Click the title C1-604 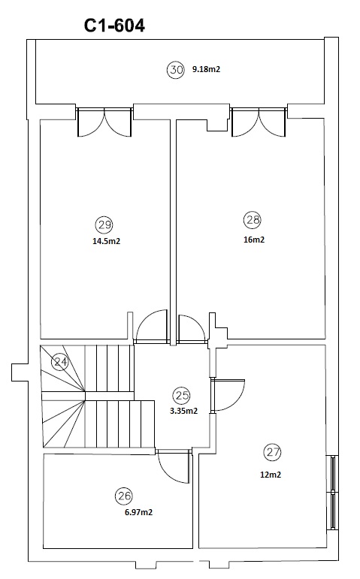(x=114, y=26)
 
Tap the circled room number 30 (x=175, y=69)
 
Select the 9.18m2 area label (x=206, y=69)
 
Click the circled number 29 (x=104, y=225)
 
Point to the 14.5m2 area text (x=107, y=241)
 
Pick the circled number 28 (x=253, y=220)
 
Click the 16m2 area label (x=254, y=240)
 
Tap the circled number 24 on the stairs (x=60, y=362)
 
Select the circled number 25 (x=181, y=396)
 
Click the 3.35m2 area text (x=183, y=411)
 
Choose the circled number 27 (x=273, y=452)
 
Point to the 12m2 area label (x=271, y=475)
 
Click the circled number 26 (x=124, y=496)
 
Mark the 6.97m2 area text (x=138, y=512)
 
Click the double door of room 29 (x=104, y=122)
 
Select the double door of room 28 (x=259, y=122)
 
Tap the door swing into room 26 (x=174, y=466)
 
